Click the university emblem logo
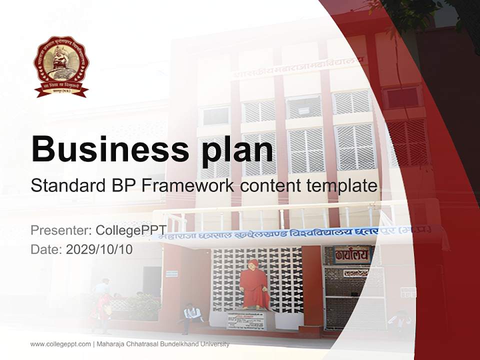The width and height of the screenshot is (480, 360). (x=61, y=66)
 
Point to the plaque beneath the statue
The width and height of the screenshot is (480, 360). (x=246, y=320)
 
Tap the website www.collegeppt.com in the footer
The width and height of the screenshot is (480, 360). (x=60, y=344)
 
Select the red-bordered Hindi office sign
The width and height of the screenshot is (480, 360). (x=352, y=254)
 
